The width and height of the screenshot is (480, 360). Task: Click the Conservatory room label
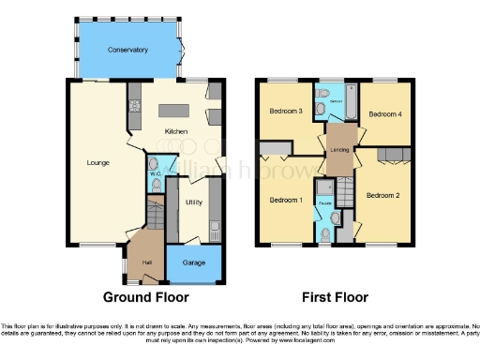pyautogui.click(x=127, y=49)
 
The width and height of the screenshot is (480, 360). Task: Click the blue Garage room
pyautogui.click(x=195, y=265)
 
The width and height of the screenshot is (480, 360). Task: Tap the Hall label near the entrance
pyautogui.click(x=146, y=262)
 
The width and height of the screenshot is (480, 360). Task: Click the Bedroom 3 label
pyautogui.click(x=285, y=111)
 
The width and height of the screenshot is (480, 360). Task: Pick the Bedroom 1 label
pyautogui.click(x=285, y=200)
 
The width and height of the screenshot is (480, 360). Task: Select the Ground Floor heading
pyautogui.click(x=146, y=297)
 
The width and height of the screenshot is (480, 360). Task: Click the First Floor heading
pyautogui.click(x=334, y=297)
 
